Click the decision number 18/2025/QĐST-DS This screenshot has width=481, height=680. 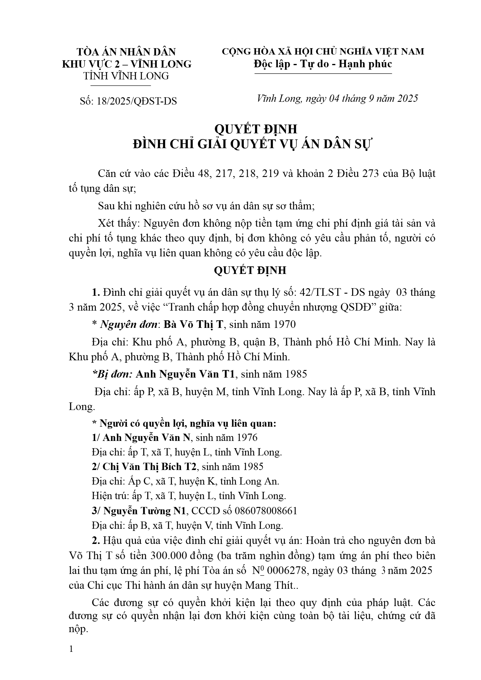[136, 101]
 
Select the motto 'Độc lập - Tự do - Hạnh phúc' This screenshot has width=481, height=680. [323, 64]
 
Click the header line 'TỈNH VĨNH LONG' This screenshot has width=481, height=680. [126, 76]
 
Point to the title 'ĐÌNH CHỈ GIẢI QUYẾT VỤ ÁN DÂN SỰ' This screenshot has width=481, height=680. [252, 144]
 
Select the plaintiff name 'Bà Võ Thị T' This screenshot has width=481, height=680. [193, 325]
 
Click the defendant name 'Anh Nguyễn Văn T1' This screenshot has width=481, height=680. [185, 374]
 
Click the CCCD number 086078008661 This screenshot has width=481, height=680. [266, 511]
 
